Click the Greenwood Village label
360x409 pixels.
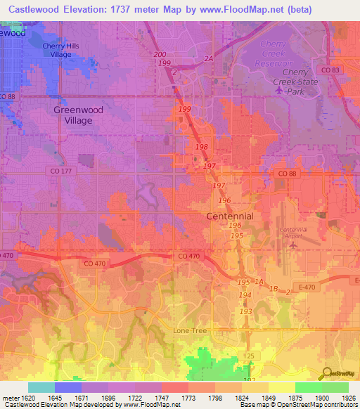pos(73,115)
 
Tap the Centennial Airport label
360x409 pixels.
pos(293,233)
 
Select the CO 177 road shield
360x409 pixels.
pos(58,171)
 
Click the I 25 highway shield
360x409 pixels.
pos(248,357)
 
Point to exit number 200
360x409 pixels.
pos(160,54)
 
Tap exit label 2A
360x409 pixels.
pos(208,59)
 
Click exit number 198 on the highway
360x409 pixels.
pos(201,147)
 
